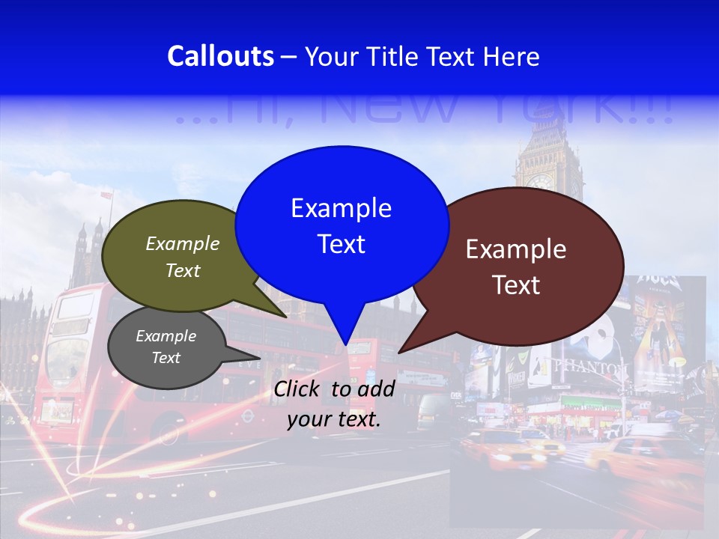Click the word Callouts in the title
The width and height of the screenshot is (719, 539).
click(x=220, y=56)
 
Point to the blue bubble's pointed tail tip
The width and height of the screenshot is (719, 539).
click(x=345, y=344)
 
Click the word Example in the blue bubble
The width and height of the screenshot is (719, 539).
click(x=341, y=208)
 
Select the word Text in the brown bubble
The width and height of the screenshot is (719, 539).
click(x=516, y=285)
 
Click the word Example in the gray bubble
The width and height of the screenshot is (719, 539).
click(x=166, y=336)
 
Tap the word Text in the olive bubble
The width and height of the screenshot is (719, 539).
click(x=183, y=271)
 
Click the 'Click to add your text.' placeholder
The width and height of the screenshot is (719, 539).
click(x=333, y=404)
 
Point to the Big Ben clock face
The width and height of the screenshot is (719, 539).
click(x=540, y=181)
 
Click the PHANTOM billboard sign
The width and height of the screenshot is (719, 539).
click(x=592, y=368)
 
